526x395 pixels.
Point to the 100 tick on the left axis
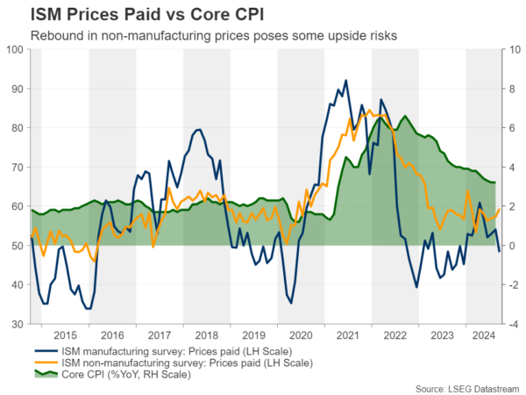click(x=15, y=49)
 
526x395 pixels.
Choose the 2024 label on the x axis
click(x=480, y=336)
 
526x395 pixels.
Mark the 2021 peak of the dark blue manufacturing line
click(x=345, y=81)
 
